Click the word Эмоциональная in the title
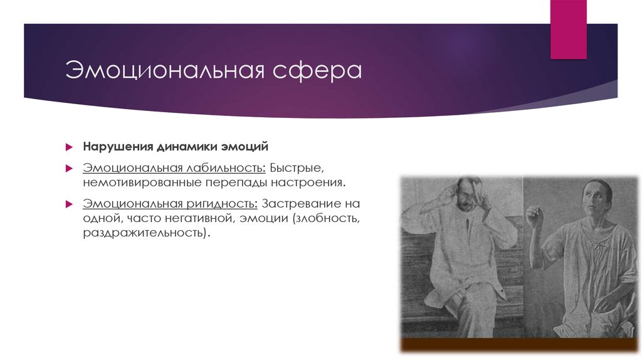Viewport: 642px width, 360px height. click(164, 70)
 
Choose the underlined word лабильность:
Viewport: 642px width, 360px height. click(225, 169)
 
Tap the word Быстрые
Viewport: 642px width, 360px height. click(297, 169)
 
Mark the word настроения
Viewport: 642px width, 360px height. click(308, 183)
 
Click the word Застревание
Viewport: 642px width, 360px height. click(303, 204)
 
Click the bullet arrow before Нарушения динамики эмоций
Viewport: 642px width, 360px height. click(70, 147)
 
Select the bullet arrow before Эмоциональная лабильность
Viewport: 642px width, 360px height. click(70, 169)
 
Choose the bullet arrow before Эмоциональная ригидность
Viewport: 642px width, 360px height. click(70, 205)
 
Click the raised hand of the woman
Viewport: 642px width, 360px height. click(534, 217)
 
